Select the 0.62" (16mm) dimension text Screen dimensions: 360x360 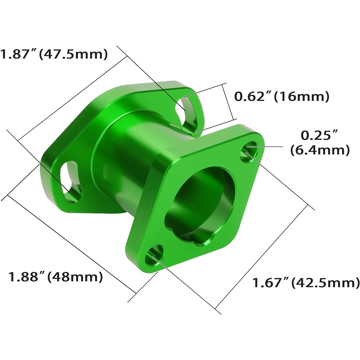click(x=282, y=96)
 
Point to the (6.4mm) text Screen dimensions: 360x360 click(x=320, y=150)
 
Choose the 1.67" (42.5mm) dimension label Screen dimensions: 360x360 click(x=305, y=283)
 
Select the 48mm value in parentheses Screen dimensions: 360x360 click(x=76, y=277)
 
